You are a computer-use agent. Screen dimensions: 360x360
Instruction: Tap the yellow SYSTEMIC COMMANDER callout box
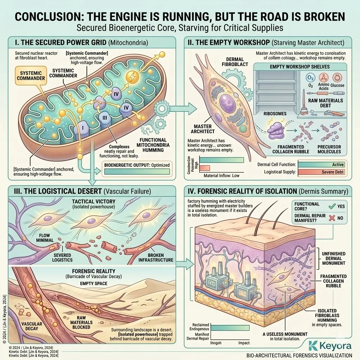[x=29, y=76]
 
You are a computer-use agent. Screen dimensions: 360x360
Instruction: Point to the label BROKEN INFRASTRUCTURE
[x=155, y=257]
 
